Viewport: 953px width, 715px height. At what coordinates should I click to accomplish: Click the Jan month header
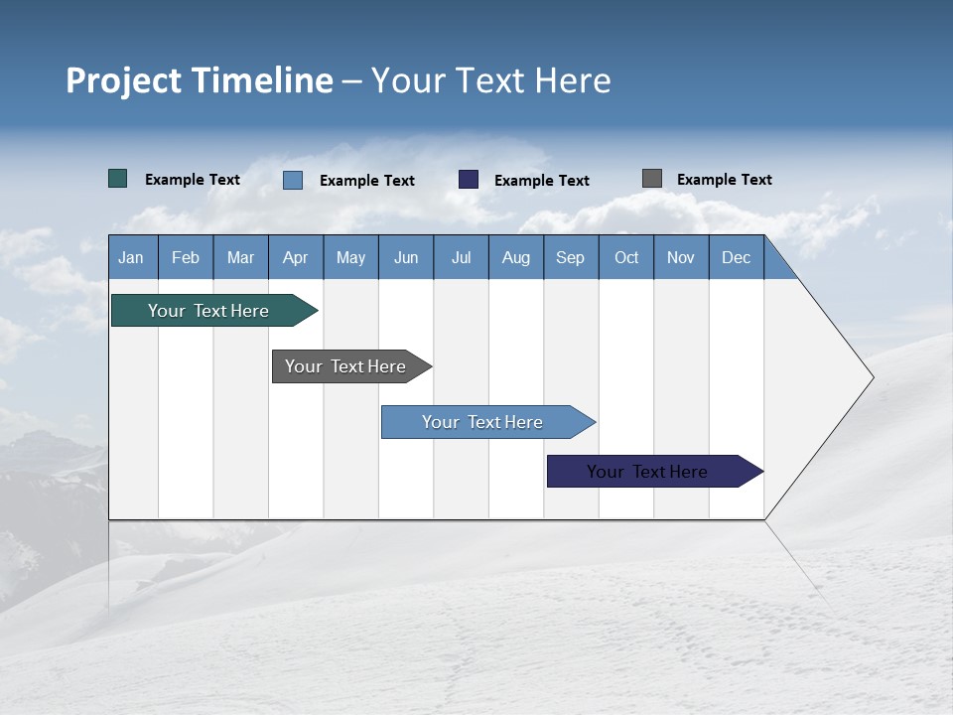(131, 257)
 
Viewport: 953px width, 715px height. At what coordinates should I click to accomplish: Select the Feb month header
(186, 257)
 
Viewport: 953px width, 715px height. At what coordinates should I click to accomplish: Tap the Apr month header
(296, 257)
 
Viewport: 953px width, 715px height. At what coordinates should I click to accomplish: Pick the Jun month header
(406, 257)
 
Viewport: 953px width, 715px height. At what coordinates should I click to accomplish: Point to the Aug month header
(516, 257)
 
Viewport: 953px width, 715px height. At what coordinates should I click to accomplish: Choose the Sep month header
(571, 257)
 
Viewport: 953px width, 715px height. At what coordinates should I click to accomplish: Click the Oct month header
(626, 257)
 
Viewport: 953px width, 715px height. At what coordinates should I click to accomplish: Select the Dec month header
(737, 257)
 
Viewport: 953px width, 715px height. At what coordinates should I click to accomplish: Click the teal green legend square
(118, 179)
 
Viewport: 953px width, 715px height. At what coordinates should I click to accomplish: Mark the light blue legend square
(293, 180)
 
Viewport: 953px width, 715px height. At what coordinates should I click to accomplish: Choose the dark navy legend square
(469, 180)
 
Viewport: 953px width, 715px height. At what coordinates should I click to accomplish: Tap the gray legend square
(652, 179)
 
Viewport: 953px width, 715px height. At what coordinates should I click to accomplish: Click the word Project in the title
(124, 80)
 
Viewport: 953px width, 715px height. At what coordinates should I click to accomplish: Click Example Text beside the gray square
(724, 179)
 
